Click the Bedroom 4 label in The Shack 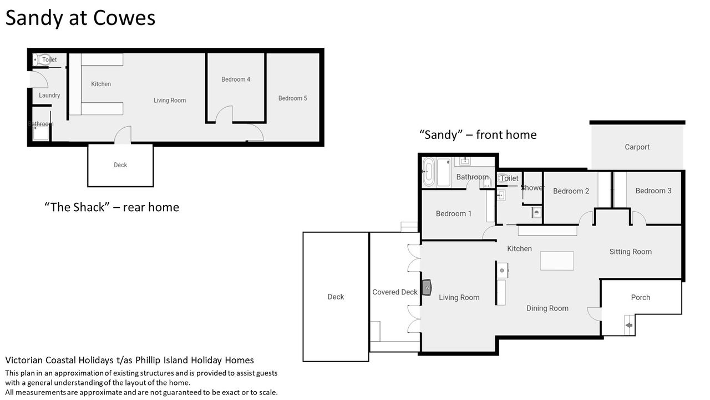(x=236, y=79)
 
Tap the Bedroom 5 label (x=292, y=98)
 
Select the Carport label (x=637, y=147)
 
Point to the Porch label (x=640, y=297)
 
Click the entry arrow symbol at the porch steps (x=629, y=325)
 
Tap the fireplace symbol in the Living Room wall (x=427, y=288)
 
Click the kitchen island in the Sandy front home (x=557, y=261)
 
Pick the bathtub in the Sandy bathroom (x=428, y=172)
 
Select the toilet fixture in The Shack (x=42, y=59)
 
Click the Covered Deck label (x=395, y=292)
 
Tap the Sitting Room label (x=631, y=252)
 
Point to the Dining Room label (x=547, y=308)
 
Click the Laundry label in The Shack (x=49, y=95)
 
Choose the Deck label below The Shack (x=120, y=165)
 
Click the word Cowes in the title (x=124, y=18)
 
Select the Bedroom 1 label (x=454, y=214)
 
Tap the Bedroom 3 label (x=653, y=191)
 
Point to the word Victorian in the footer (x=24, y=360)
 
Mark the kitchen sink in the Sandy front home (x=502, y=271)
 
